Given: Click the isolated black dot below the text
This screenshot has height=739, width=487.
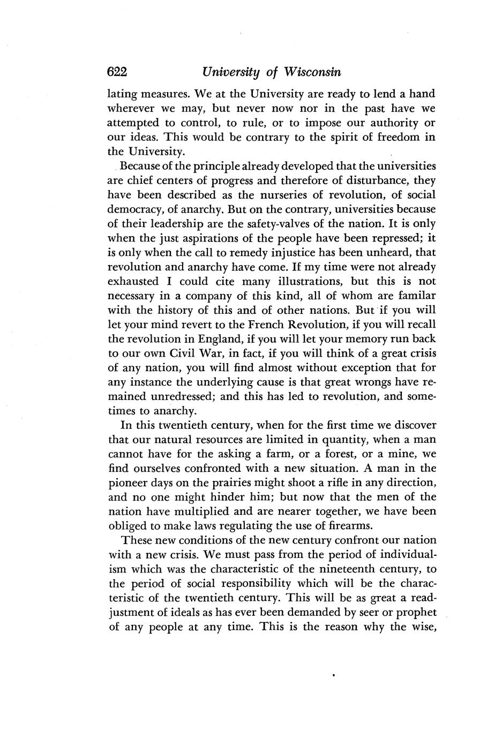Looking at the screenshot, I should click(334, 677).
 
